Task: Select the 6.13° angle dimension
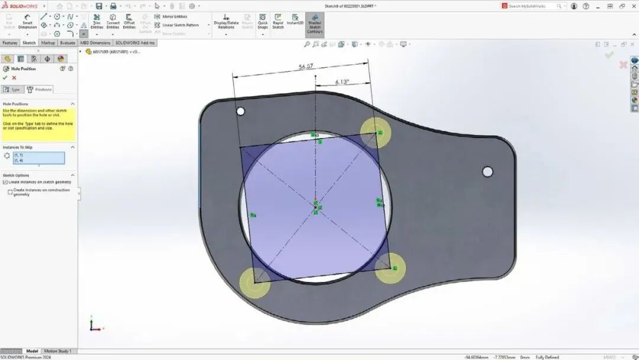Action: [x=342, y=82]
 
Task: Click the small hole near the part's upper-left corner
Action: [x=240, y=111]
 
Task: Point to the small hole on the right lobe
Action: [x=488, y=172]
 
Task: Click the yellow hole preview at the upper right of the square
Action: [x=376, y=132]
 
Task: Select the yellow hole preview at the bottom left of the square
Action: [x=254, y=282]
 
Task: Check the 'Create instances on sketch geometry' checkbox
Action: [x=5, y=182]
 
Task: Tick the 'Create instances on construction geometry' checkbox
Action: [x=10, y=191]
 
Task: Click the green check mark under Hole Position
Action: [x=5, y=78]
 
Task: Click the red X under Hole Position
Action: [x=14, y=78]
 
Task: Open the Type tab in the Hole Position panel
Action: [x=12, y=89]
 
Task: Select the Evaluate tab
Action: [x=67, y=43]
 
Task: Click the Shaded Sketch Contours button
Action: [x=314, y=24]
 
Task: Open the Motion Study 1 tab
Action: [x=57, y=351]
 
